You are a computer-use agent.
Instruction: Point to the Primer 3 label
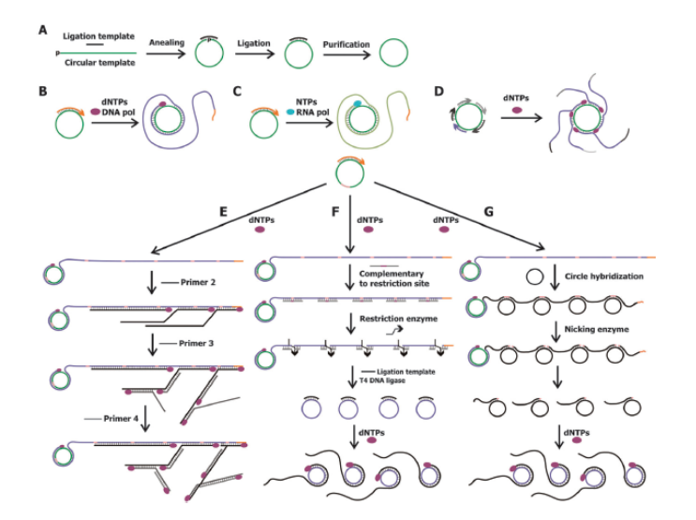(x=178, y=345)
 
